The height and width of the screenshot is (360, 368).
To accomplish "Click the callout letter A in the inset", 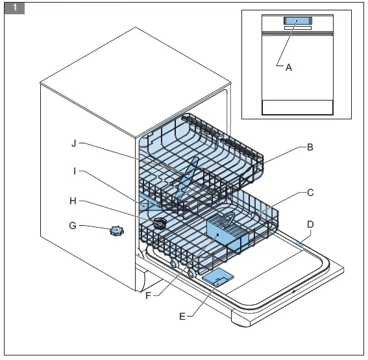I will coord(289,67).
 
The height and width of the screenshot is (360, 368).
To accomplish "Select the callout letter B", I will coord(310,147).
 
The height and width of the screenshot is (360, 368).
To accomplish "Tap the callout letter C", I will coord(310,193).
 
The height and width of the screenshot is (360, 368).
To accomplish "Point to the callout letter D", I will coord(310,224).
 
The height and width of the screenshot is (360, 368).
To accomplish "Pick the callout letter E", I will coord(182,316).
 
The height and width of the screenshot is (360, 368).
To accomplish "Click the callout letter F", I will coord(148,296).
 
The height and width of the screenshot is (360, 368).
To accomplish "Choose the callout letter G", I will coord(73,226).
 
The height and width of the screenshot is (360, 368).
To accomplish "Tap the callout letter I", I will coord(75,171).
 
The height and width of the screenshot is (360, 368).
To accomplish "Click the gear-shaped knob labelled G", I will coord(117,230).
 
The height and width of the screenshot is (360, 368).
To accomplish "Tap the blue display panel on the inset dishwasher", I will coord(296,22).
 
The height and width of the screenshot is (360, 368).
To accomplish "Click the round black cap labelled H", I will coord(159,222).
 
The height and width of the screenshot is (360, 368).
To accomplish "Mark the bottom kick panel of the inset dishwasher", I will coord(296,108).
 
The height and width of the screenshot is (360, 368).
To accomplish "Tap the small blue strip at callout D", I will coord(299,242).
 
